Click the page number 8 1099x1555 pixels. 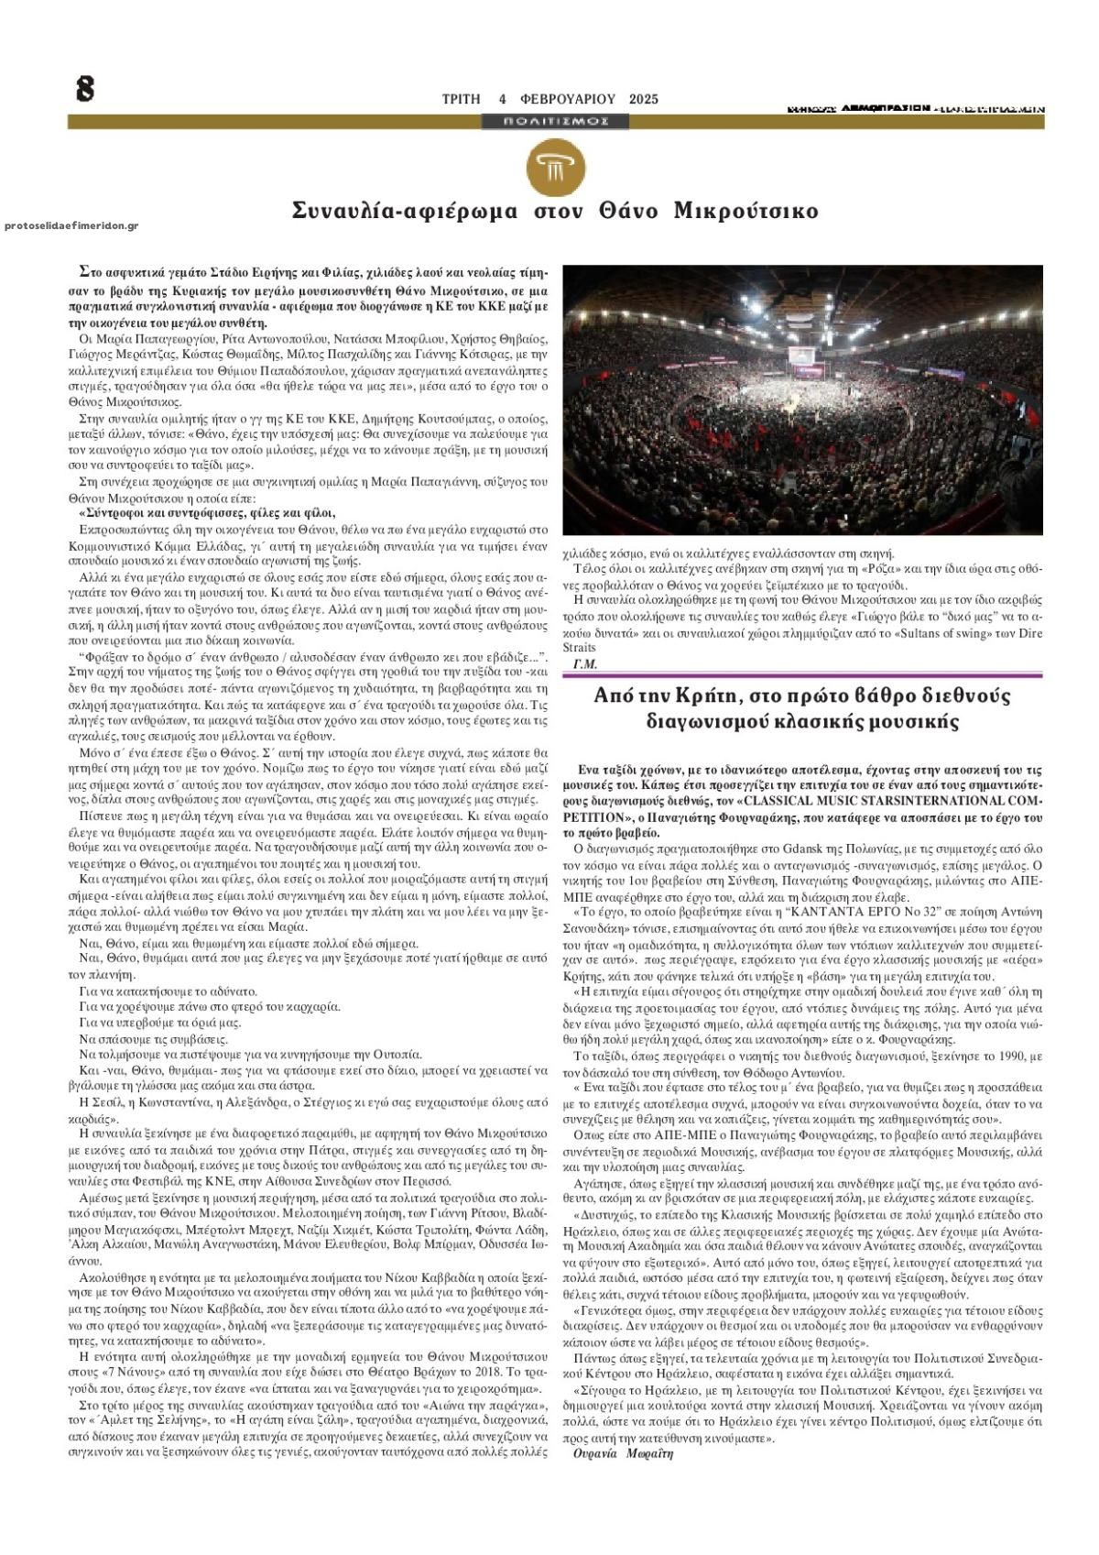84,89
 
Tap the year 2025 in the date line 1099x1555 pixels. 644,99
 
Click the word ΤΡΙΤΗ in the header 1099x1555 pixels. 461,99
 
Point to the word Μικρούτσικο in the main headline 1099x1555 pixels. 745,211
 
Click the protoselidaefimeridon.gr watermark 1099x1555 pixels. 71,225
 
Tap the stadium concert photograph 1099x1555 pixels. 802,400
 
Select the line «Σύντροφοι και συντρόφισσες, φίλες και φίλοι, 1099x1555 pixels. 207,513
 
